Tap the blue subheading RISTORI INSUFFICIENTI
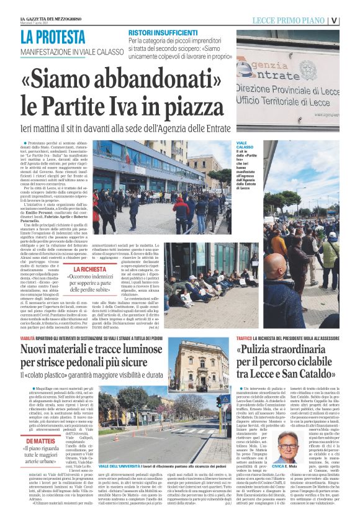pyautogui.click(x=163, y=32)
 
